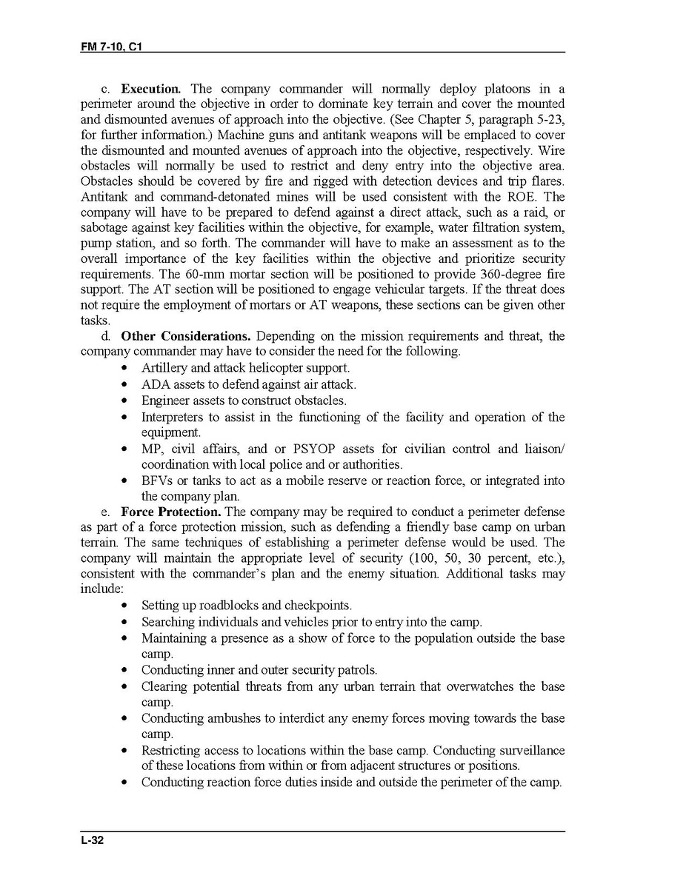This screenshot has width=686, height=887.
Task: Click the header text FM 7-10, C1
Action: point(111,46)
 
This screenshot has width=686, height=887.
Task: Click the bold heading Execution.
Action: point(151,89)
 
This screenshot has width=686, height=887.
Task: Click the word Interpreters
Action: point(172,417)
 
